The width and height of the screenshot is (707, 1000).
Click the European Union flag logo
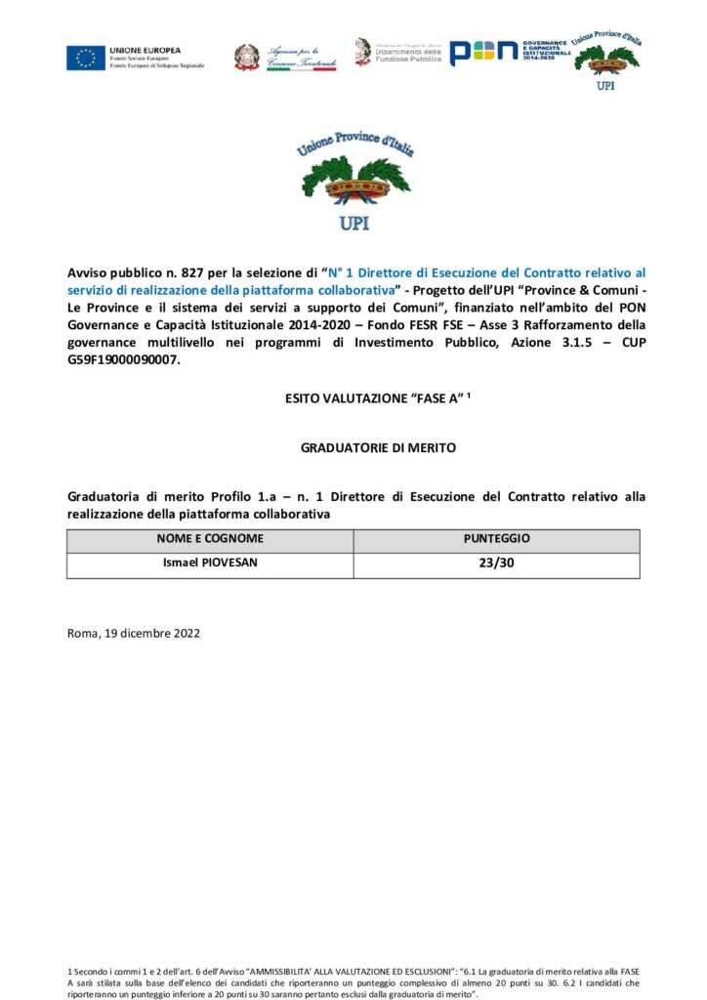(86, 58)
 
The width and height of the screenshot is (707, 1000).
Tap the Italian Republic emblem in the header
(246, 57)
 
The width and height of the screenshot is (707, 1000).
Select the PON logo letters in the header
(483, 53)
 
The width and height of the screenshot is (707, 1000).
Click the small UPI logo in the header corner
(606, 59)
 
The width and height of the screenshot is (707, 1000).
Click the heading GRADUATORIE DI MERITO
(353, 448)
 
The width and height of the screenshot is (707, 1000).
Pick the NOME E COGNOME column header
(210, 539)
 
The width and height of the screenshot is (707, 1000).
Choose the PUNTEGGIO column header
(496, 539)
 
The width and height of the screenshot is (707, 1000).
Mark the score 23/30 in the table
(496, 564)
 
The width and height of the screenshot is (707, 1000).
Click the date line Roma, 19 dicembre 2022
(134, 633)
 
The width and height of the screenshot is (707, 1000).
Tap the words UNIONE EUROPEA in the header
(145, 49)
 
